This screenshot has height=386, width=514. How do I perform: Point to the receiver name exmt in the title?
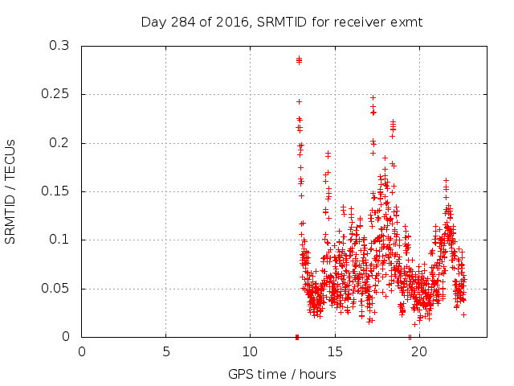(x=407, y=22)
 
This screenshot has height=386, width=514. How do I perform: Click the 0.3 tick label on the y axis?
(x=59, y=46)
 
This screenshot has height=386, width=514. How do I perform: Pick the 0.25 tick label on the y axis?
(x=55, y=94)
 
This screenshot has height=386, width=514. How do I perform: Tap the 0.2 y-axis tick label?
(x=59, y=143)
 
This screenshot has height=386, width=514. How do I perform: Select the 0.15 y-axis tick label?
(x=55, y=191)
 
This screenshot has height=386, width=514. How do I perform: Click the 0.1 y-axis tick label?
(x=59, y=240)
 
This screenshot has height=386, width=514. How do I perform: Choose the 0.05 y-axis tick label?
(x=55, y=288)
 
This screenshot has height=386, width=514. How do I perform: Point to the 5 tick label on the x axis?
(x=166, y=351)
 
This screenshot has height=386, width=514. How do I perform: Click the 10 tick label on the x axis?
(x=250, y=351)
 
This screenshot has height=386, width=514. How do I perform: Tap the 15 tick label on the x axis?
(x=334, y=351)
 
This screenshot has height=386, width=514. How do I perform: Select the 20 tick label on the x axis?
(x=418, y=351)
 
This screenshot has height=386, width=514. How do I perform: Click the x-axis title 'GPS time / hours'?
(x=282, y=374)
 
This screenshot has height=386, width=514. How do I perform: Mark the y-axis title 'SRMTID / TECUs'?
(x=10, y=191)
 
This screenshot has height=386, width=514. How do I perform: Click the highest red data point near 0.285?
(x=299, y=59)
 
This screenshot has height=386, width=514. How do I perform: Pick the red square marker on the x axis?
(x=297, y=336)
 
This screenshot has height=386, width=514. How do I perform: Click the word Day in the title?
(x=153, y=22)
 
